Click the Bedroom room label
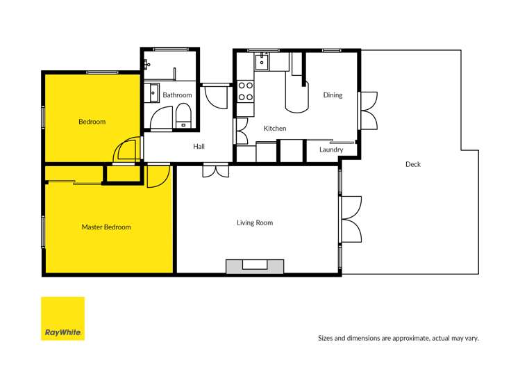pyautogui.click(x=92, y=122)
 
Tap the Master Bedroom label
pyautogui.click(x=106, y=227)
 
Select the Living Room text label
pyautogui.click(x=255, y=223)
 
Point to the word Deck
pyautogui.click(x=413, y=164)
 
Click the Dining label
pyautogui.click(x=333, y=95)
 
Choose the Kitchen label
pyautogui.click(x=275, y=129)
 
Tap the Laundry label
pyautogui.click(x=331, y=149)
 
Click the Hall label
pyautogui.click(x=199, y=146)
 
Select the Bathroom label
pyautogui.click(x=177, y=95)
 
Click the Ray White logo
pyautogui.click(x=62, y=318)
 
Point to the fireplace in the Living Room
pyautogui.click(x=255, y=266)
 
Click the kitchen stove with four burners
pyautogui.click(x=246, y=91)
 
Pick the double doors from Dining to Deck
pyautogui.click(x=368, y=110)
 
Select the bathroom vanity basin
pyautogui.click(x=151, y=91)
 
